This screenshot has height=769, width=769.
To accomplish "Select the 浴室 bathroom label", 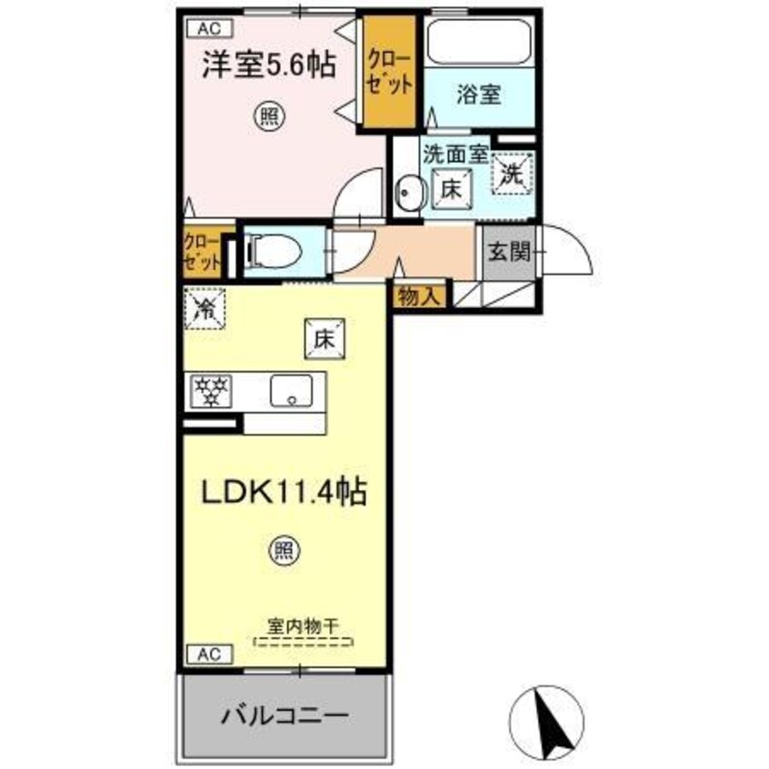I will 478,95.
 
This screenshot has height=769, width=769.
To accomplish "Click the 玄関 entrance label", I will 506,252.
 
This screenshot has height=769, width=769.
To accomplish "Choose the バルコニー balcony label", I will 285,715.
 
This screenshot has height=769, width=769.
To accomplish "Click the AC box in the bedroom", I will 205,28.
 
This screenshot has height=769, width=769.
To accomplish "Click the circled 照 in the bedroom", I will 266,118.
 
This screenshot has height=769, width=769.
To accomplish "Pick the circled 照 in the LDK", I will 284,550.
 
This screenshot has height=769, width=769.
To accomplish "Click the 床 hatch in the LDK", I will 327,337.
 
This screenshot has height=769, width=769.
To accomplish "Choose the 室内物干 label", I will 304,626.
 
